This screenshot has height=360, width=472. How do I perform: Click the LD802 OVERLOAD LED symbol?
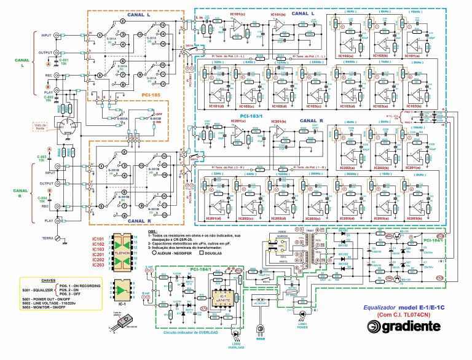[234, 336]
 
